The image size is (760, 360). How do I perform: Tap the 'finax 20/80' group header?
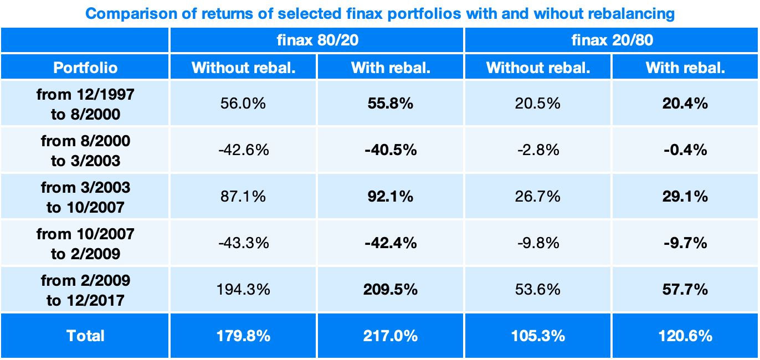pos(611,40)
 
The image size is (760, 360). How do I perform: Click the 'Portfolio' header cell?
pos(85,68)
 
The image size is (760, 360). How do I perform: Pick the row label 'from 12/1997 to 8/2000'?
pos(85,103)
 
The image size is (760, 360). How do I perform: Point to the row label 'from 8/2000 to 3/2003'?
pos(85,150)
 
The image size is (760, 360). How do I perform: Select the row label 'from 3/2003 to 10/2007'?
pos(85,197)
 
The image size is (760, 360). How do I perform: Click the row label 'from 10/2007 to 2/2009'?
pos(85,243)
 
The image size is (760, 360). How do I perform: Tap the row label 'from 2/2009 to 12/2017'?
pos(85,290)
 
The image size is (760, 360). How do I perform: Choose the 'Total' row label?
pos(85,336)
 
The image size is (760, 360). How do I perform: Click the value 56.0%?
pos(243,103)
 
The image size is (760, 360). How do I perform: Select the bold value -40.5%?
pos(391,150)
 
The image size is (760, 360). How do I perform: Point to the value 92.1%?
pos(391,197)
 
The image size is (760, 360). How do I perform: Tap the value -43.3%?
pos(243,243)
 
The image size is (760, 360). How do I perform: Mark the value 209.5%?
pos(391,290)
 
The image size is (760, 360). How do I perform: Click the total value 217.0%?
pos(391,336)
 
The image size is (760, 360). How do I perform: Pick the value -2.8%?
pos(538,150)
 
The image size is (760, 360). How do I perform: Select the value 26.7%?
pos(538,197)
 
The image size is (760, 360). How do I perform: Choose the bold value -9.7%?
pos(685,243)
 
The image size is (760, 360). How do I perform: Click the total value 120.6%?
pos(685,336)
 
